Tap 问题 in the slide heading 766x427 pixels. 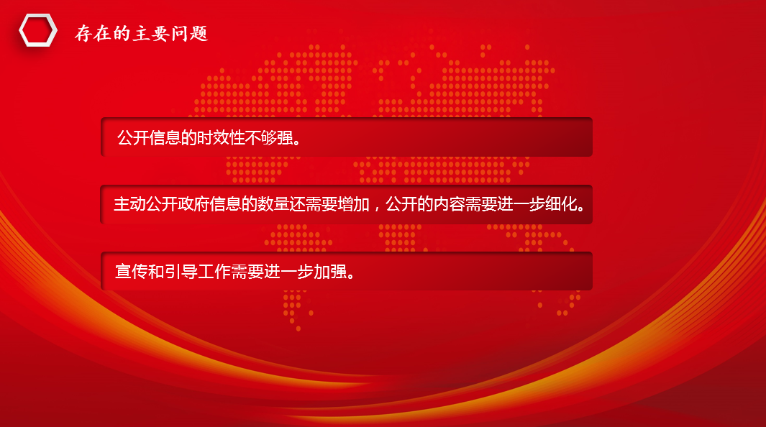point(190,34)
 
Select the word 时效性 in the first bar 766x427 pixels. point(221,138)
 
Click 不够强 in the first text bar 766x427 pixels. point(269,138)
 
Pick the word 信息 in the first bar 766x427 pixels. point(165,138)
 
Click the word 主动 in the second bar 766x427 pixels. point(129,204)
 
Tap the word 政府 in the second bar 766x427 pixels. point(193,204)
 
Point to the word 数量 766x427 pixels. point(273,204)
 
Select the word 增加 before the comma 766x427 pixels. point(353,204)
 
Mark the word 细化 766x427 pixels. point(561,204)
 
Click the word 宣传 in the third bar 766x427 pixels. point(132,271)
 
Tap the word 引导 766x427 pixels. point(181,271)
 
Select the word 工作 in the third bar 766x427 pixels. point(214,271)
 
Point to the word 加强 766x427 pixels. point(330,271)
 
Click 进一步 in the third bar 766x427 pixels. point(288,271)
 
